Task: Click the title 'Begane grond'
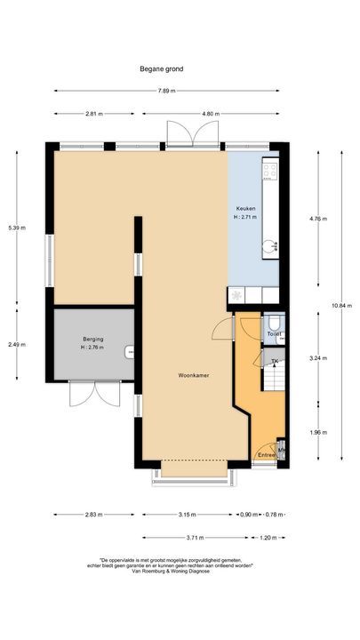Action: click(x=161, y=68)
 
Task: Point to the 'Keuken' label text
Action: click(x=244, y=207)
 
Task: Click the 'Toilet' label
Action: click(x=274, y=334)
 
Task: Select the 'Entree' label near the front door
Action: click(x=266, y=455)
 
